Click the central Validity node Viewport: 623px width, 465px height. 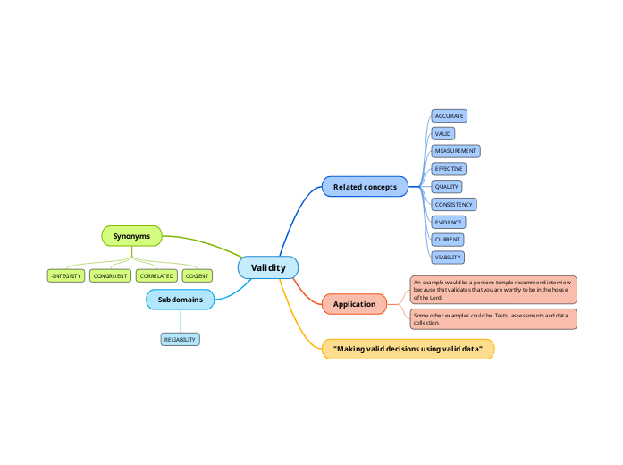[x=268, y=267]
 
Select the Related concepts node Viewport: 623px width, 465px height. [x=365, y=187]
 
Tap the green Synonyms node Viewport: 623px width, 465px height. [x=131, y=235]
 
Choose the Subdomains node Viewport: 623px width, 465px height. [x=180, y=300]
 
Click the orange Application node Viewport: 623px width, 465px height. [x=354, y=304]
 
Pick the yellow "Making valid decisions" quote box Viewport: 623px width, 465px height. [x=408, y=349]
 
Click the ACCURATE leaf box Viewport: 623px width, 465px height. [x=449, y=116]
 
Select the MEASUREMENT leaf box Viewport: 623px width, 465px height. [x=455, y=151]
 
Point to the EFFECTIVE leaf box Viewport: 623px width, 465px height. [x=449, y=168]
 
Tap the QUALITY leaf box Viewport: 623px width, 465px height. [x=446, y=186]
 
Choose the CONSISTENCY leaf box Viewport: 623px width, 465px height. [x=453, y=204]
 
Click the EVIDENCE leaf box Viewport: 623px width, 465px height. [x=448, y=222]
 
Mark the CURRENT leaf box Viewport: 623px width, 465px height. [x=447, y=240]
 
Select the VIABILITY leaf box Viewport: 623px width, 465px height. [x=448, y=257]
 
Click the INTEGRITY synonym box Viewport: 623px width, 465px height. [x=66, y=276]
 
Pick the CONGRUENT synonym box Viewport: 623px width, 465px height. [x=111, y=276]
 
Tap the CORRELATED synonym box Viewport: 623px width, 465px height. [x=156, y=276]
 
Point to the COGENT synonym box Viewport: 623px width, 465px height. [x=197, y=276]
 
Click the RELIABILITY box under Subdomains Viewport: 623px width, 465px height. [x=180, y=340]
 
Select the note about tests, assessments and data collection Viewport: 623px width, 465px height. [x=493, y=318]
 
